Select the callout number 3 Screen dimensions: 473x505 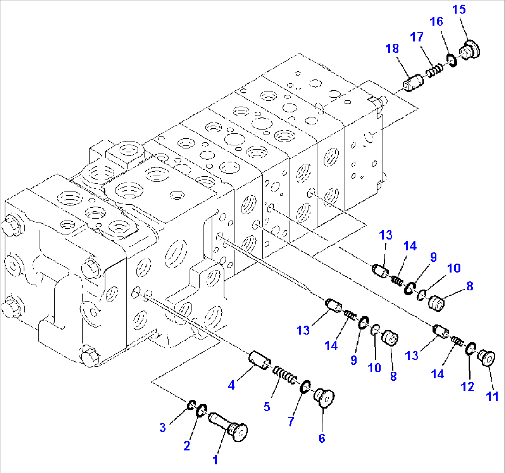(163, 428)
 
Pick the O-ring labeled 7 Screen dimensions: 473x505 (306, 386)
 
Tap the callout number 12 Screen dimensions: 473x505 (468, 386)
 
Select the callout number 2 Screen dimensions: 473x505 (187, 446)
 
